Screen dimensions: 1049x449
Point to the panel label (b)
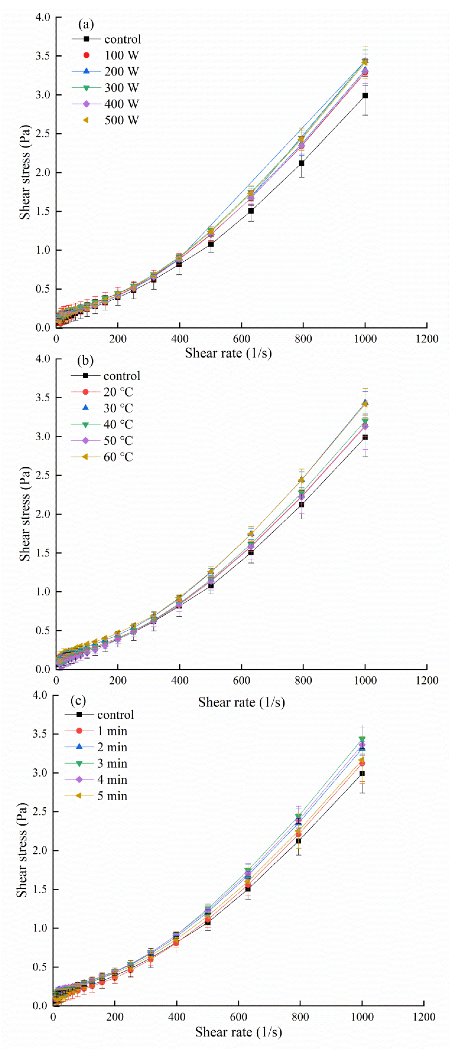[x=85, y=360]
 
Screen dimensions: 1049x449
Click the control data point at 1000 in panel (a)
[x=365, y=95]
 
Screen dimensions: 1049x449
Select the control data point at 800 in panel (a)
[x=301, y=163]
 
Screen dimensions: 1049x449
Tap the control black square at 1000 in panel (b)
[x=365, y=437]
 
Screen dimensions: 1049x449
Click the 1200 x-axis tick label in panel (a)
[x=427, y=339]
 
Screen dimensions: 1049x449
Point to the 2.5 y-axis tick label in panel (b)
[x=42, y=475]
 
